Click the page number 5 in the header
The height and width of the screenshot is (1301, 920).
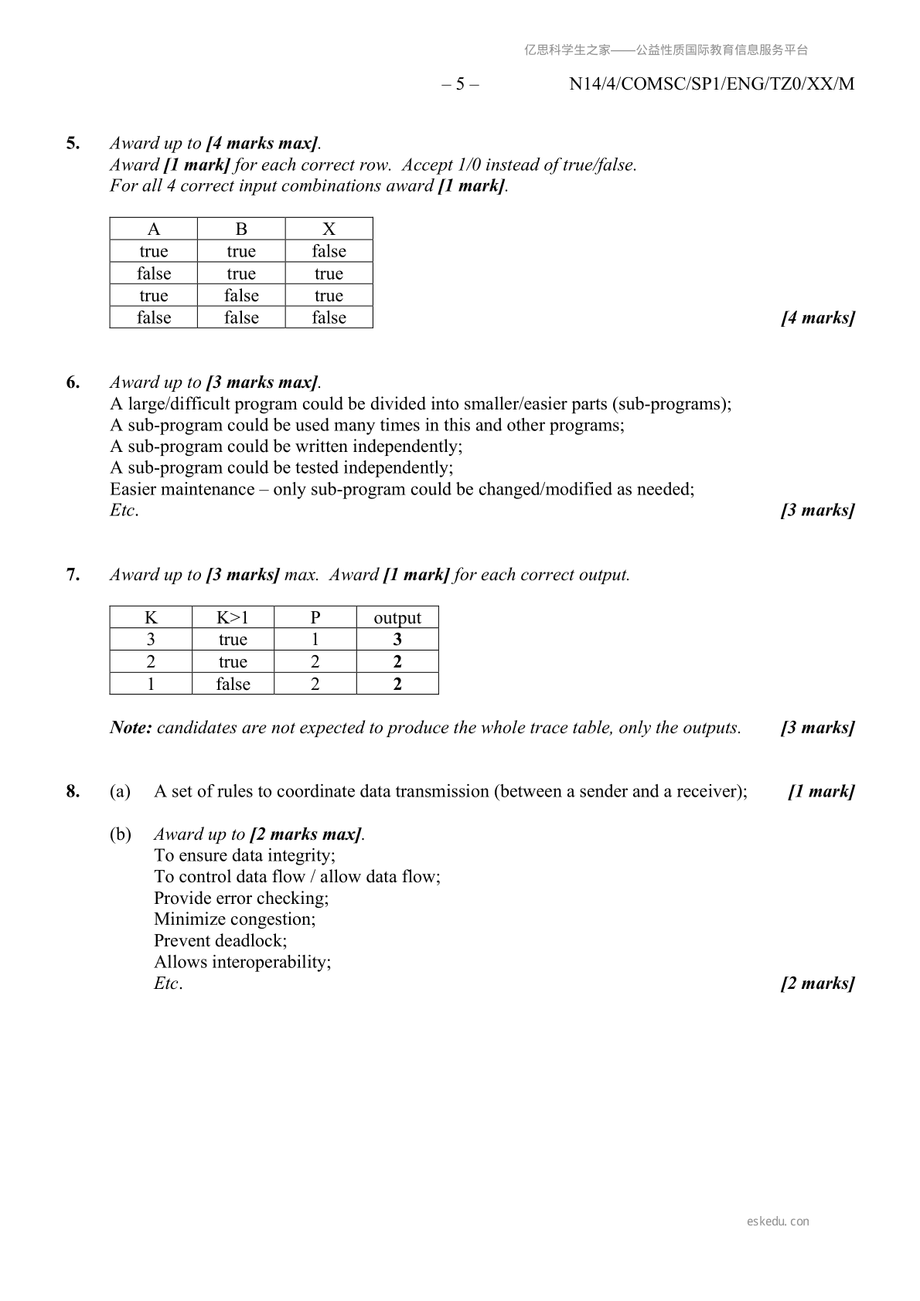(x=460, y=84)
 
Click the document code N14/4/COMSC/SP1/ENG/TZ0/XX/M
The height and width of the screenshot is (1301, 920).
(x=711, y=84)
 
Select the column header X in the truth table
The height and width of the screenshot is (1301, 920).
(x=329, y=229)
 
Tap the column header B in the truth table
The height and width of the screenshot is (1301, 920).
(x=241, y=229)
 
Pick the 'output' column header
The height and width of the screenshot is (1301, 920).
(x=397, y=617)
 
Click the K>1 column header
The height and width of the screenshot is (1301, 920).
(x=233, y=617)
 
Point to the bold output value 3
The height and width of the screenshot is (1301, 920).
(x=397, y=640)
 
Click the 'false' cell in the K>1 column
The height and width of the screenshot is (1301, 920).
(x=233, y=684)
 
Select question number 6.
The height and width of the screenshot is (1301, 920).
(x=73, y=382)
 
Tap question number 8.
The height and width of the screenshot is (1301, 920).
(x=73, y=791)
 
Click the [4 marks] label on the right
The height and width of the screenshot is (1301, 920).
(x=818, y=318)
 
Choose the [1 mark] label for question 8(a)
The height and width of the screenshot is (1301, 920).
(x=821, y=791)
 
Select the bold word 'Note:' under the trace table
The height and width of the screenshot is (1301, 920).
(x=131, y=728)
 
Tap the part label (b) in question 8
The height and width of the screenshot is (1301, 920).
(x=120, y=834)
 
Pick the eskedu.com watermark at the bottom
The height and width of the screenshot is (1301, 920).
(x=778, y=1221)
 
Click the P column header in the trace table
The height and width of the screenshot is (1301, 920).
(x=315, y=617)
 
